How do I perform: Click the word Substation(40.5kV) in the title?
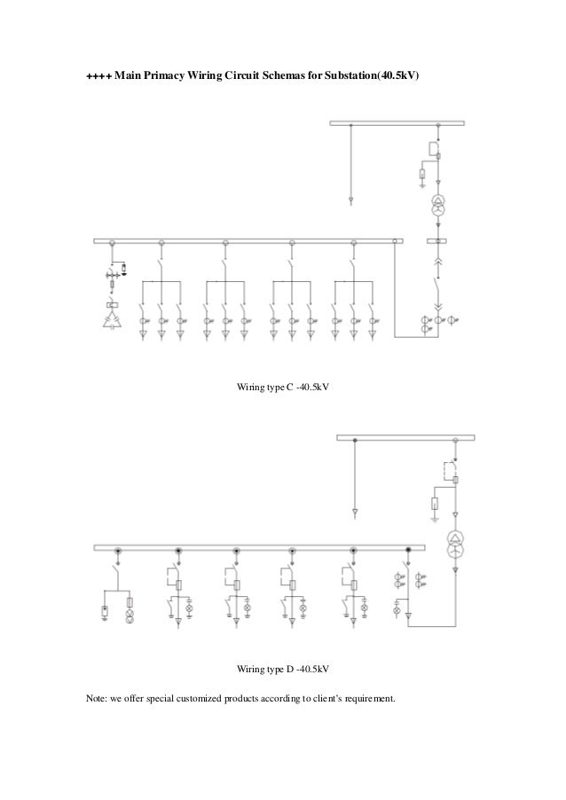(x=367, y=78)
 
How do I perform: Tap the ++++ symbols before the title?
(x=98, y=78)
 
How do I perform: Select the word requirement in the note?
(x=366, y=700)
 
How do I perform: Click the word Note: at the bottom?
(x=96, y=700)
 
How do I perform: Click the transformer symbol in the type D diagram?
(x=455, y=543)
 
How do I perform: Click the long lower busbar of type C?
(x=248, y=240)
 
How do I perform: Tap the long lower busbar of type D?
(x=257, y=551)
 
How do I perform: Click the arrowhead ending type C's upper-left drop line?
(x=351, y=201)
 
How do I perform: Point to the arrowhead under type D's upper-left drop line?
(x=355, y=513)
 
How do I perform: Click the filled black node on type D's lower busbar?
(x=408, y=551)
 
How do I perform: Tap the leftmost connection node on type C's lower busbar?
(x=112, y=240)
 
